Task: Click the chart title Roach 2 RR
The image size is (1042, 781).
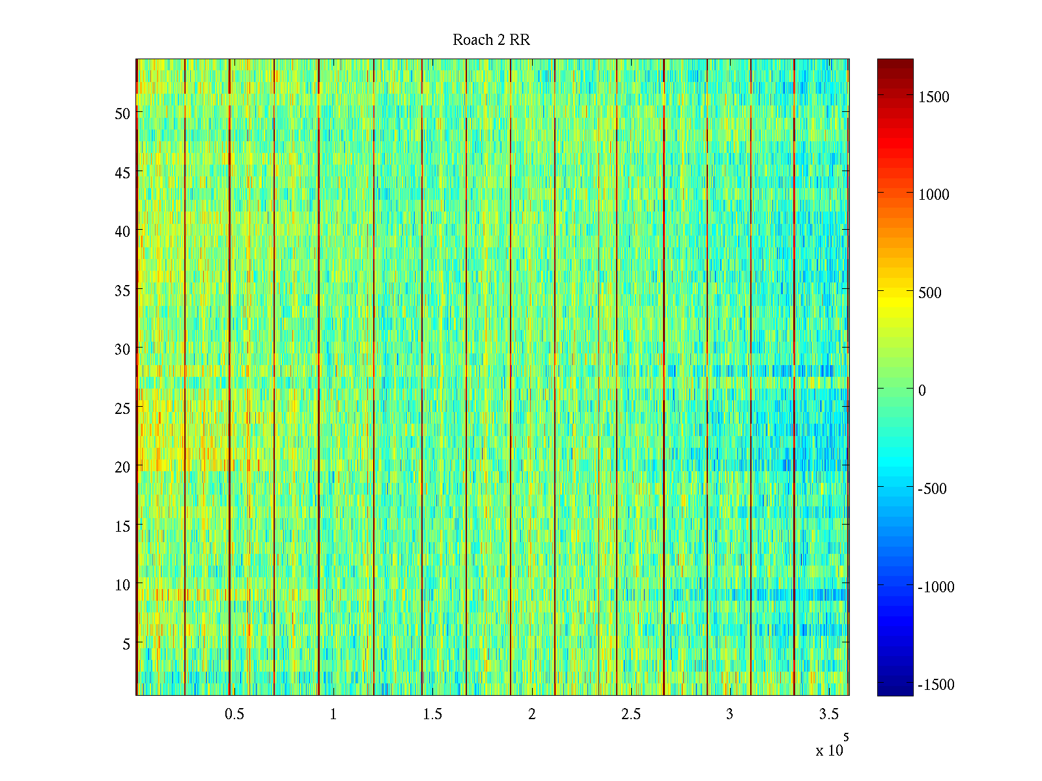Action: click(x=491, y=40)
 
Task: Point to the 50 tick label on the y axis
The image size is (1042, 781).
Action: click(x=122, y=113)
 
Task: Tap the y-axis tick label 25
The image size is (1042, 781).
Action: click(x=122, y=408)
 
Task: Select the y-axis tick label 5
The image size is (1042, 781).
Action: click(x=126, y=644)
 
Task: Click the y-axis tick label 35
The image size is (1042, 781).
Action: click(x=122, y=290)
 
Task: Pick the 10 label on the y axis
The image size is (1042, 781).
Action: click(x=122, y=585)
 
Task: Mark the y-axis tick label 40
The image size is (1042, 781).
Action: click(x=122, y=231)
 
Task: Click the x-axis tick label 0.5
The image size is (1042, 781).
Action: click(x=234, y=715)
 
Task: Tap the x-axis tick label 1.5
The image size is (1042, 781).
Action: click(x=432, y=715)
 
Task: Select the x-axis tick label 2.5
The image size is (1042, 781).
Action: click(x=631, y=715)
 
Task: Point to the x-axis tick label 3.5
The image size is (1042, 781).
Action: click(x=829, y=715)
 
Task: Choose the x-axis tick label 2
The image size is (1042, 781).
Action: click(x=532, y=715)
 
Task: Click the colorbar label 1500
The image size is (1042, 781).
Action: click(x=934, y=97)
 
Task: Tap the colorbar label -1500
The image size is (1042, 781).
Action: click(x=936, y=685)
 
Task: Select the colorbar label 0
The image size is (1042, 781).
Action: click(x=922, y=390)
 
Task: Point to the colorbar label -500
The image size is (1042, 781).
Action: click(x=932, y=489)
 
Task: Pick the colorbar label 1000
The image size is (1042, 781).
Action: click(x=934, y=195)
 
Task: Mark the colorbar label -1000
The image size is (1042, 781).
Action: click(x=936, y=587)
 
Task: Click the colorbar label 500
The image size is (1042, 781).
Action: click(x=930, y=293)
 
